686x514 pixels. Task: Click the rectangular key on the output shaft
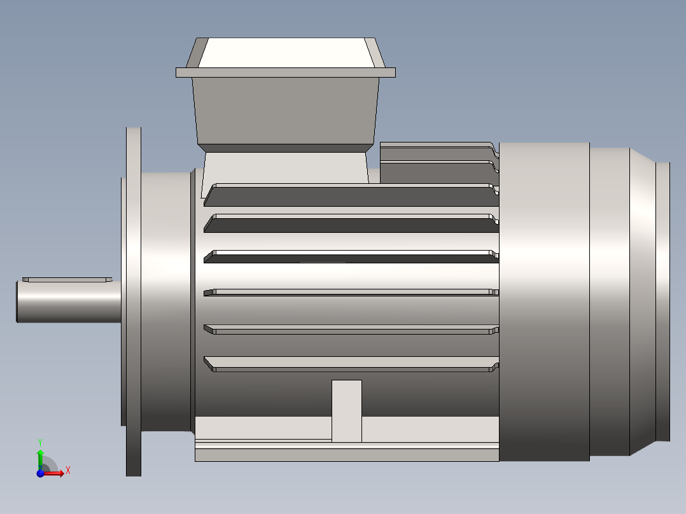[x=67, y=279]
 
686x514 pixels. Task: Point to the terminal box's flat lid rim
[x=285, y=73]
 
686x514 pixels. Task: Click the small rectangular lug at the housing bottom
[x=347, y=410]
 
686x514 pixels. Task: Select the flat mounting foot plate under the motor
[x=347, y=454]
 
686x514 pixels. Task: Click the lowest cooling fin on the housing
[x=350, y=365]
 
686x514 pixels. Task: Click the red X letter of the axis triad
[x=67, y=470]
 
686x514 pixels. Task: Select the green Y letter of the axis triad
[x=39, y=441]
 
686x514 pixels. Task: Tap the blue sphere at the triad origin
[x=40, y=474]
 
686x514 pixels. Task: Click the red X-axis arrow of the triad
[x=56, y=473]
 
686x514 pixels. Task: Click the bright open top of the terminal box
[x=285, y=52]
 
